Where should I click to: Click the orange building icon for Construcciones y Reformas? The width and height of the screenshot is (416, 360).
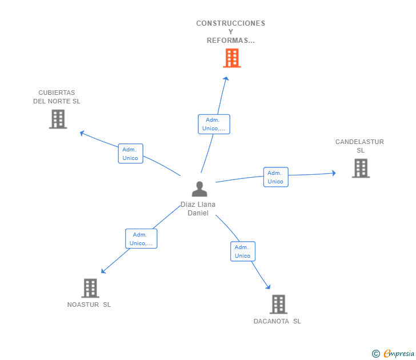click(231, 58)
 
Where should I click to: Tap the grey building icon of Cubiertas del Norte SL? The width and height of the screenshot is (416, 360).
click(58, 119)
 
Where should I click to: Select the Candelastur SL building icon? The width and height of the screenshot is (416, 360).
click(361, 168)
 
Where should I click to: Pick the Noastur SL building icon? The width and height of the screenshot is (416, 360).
click(90, 288)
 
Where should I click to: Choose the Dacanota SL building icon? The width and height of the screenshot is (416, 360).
click(278, 304)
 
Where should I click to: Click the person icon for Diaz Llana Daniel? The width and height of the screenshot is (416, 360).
click(199, 189)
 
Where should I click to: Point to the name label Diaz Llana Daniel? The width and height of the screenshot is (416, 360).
click(198, 209)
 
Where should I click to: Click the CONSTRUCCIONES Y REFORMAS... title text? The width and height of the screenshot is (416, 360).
click(231, 32)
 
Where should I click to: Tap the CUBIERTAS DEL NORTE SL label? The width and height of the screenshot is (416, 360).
click(57, 97)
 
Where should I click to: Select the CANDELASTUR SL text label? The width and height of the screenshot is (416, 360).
click(359, 146)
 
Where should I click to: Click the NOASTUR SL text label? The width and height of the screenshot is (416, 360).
click(89, 305)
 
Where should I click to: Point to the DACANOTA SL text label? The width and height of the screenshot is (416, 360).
click(277, 321)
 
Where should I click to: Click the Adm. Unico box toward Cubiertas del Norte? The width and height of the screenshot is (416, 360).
click(130, 154)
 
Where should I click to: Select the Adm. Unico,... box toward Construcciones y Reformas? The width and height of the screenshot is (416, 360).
click(214, 124)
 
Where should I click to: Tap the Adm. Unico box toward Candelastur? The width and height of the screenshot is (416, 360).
click(275, 177)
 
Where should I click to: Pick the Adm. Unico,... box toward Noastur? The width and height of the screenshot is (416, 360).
click(141, 239)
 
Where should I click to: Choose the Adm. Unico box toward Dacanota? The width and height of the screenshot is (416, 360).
click(243, 251)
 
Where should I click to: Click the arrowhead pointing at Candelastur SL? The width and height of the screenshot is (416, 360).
click(334, 173)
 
